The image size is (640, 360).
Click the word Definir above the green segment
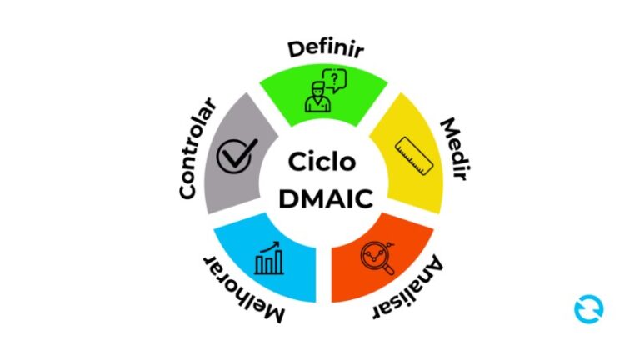[326, 49]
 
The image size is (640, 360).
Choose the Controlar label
[197, 148]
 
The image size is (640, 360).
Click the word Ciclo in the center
[322, 162]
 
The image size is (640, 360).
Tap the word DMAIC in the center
[325, 199]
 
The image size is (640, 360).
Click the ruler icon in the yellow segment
[414, 156]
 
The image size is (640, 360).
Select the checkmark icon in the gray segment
[237, 156]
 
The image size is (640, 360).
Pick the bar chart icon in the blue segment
[269, 258]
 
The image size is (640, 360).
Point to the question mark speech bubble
[335, 80]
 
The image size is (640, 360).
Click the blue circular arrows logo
[588, 309]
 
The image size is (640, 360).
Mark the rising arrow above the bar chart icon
[270, 246]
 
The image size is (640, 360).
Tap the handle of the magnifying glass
[389, 269]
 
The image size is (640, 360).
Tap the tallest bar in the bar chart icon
[279, 262]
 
